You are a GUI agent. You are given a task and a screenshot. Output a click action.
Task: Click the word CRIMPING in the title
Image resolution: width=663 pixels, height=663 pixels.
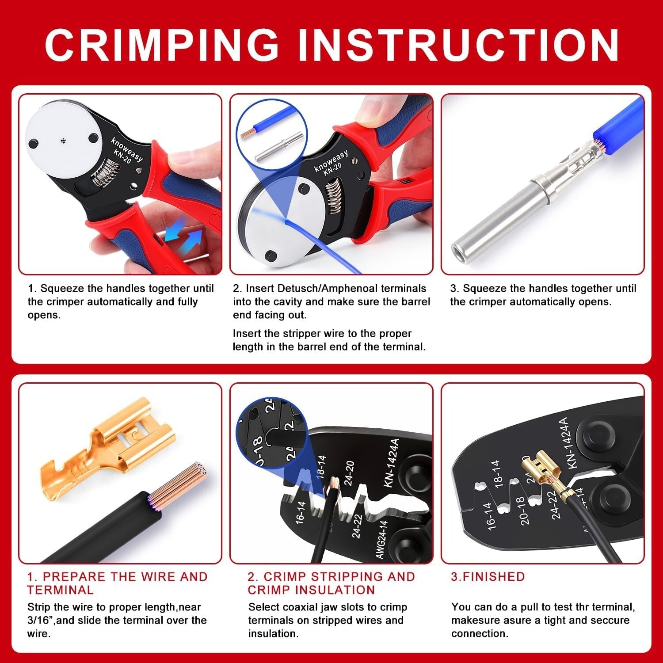161,45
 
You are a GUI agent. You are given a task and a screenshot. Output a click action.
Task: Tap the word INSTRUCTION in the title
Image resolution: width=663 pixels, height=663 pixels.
457,45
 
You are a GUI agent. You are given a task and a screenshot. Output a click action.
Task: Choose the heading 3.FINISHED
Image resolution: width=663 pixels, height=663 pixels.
488,576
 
